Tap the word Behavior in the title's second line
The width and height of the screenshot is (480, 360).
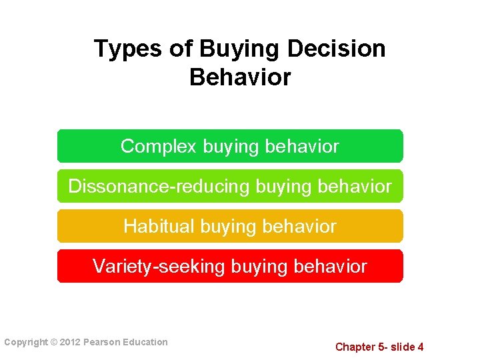tap(240, 77)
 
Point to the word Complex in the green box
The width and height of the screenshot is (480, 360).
tap(159, 146)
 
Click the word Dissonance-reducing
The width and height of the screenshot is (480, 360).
tap(159, 186)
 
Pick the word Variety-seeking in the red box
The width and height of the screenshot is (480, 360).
tap(159, 267)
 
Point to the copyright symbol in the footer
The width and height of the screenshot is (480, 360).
tap(53, 343)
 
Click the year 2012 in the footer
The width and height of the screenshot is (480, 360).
tap(69, 343)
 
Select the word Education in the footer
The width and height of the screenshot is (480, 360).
tap(145, 343)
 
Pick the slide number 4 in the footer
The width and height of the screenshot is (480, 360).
tap(420, 347)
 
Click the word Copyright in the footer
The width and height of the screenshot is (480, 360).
tap(26, 343)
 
